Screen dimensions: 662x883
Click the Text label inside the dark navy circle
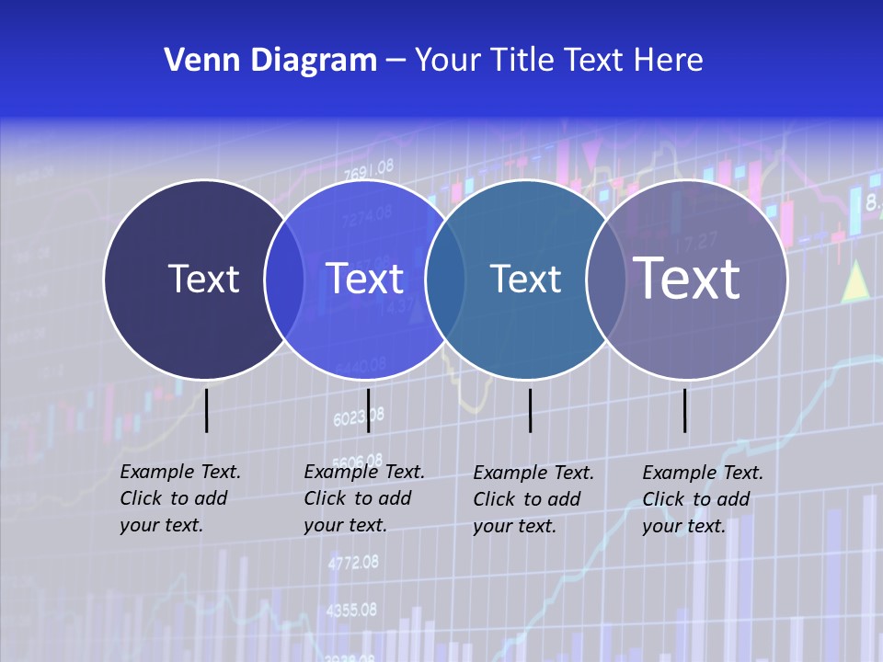[203, 279]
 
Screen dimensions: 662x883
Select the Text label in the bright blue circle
[365, 279]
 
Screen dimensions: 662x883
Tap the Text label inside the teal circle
[525, 279]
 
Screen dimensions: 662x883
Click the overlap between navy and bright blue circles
[284, 279]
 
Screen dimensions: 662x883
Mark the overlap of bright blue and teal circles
[445, 279]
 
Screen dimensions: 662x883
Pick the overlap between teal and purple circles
[606, 279]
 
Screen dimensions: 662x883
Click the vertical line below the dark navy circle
[207, 410]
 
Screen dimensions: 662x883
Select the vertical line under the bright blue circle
[368, 410]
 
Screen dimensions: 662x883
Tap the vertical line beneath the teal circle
[531, 410]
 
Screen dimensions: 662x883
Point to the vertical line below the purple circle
[685, 410]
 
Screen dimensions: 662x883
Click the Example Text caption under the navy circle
[179, 498]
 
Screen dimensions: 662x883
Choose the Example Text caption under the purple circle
[702, 499]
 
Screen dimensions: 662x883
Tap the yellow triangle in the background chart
[856, 280]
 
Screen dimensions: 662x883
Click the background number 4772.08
[353, 562]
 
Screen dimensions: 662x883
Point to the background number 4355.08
[351, 610]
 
